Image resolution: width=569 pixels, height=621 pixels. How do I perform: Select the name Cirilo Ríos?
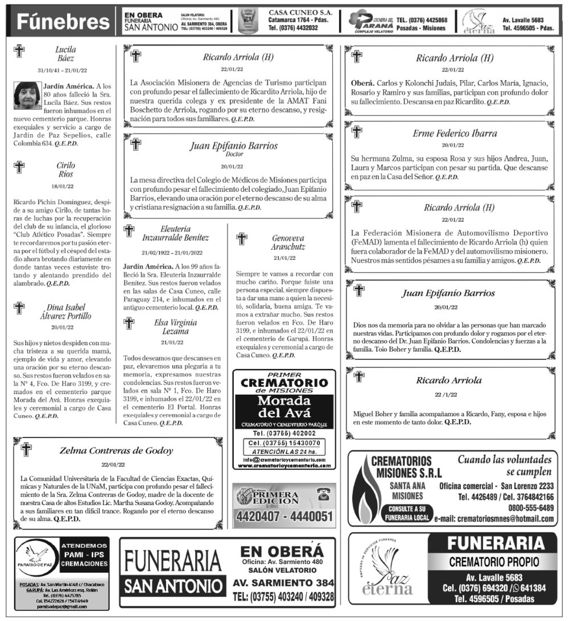[65, 169]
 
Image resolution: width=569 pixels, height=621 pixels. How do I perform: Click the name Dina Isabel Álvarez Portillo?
[65, 311]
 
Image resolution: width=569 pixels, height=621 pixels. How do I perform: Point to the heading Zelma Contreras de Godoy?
[116, 451]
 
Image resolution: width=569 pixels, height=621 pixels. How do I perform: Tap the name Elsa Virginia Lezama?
[175, 326]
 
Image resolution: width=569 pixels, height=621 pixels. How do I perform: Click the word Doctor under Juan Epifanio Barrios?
[234, 154]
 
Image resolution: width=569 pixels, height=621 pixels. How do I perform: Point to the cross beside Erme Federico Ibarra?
[356, 132]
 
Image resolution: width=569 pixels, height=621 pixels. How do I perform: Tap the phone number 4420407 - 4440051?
[283, 516]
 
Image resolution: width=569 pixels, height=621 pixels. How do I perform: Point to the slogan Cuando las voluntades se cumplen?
[504, 466]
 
